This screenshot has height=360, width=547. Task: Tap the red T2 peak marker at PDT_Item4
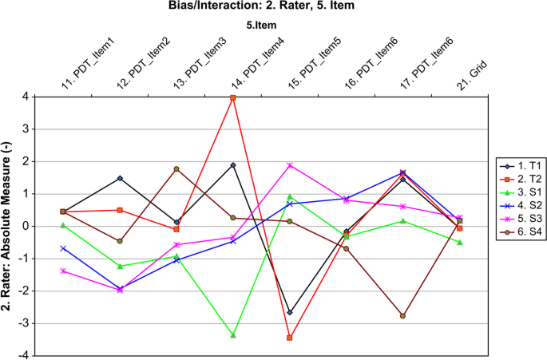point(233,97)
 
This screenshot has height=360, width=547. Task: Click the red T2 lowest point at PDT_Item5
point(290,338)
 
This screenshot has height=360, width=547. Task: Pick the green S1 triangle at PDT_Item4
point(233,335)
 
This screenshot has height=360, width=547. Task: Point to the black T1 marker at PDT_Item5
point(290,312)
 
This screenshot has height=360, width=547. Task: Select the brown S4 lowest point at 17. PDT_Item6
point(403,316)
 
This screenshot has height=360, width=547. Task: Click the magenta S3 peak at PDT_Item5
point(290,165)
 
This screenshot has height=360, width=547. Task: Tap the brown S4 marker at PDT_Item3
point(176,169)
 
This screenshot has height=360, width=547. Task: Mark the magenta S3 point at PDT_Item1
point(63,271)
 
